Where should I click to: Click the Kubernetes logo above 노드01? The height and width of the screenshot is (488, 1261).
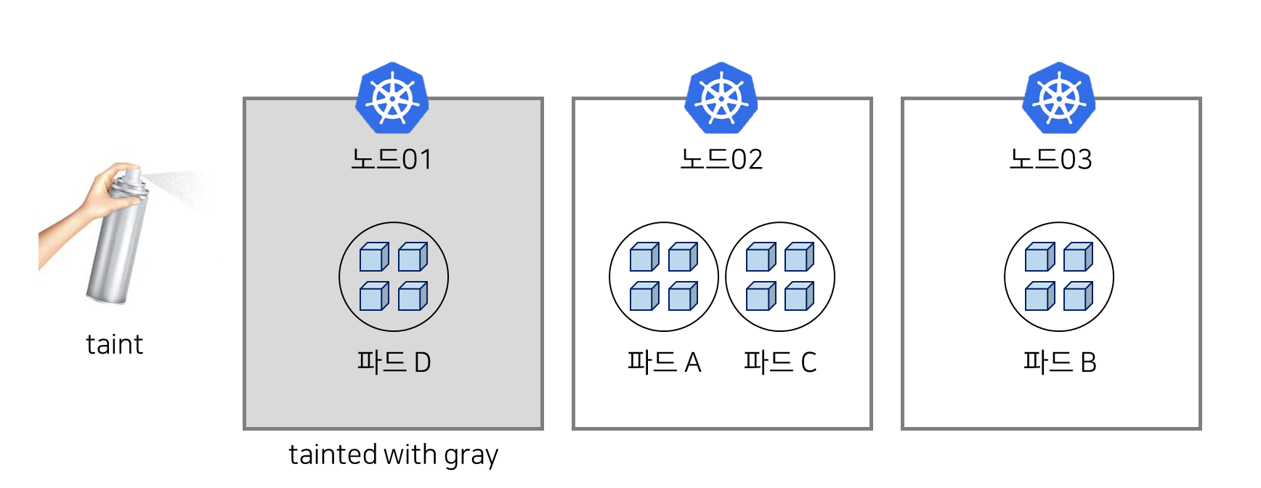392,98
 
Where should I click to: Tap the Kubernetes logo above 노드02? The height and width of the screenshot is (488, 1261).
721,98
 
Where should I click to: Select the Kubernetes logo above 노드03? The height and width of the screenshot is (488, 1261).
1058,98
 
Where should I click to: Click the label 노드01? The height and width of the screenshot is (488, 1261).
392,159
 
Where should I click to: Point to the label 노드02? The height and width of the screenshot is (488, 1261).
721,159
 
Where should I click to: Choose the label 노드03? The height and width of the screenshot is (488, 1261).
1050,159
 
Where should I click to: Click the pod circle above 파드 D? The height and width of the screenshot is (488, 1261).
394,277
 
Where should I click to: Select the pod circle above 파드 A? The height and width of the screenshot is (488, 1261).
664,277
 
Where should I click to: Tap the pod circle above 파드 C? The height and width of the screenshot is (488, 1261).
780,277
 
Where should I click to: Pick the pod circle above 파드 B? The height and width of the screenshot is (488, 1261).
1059,277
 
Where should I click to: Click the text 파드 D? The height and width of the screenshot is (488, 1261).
394,362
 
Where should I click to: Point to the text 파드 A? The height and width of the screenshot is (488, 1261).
664,362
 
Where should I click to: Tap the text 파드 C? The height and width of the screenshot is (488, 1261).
780,362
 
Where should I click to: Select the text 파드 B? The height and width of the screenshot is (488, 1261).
1059,362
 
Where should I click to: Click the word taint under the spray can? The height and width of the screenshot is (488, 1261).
114,344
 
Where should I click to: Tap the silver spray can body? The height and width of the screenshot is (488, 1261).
116,247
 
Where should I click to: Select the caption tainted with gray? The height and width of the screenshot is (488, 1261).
393,452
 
